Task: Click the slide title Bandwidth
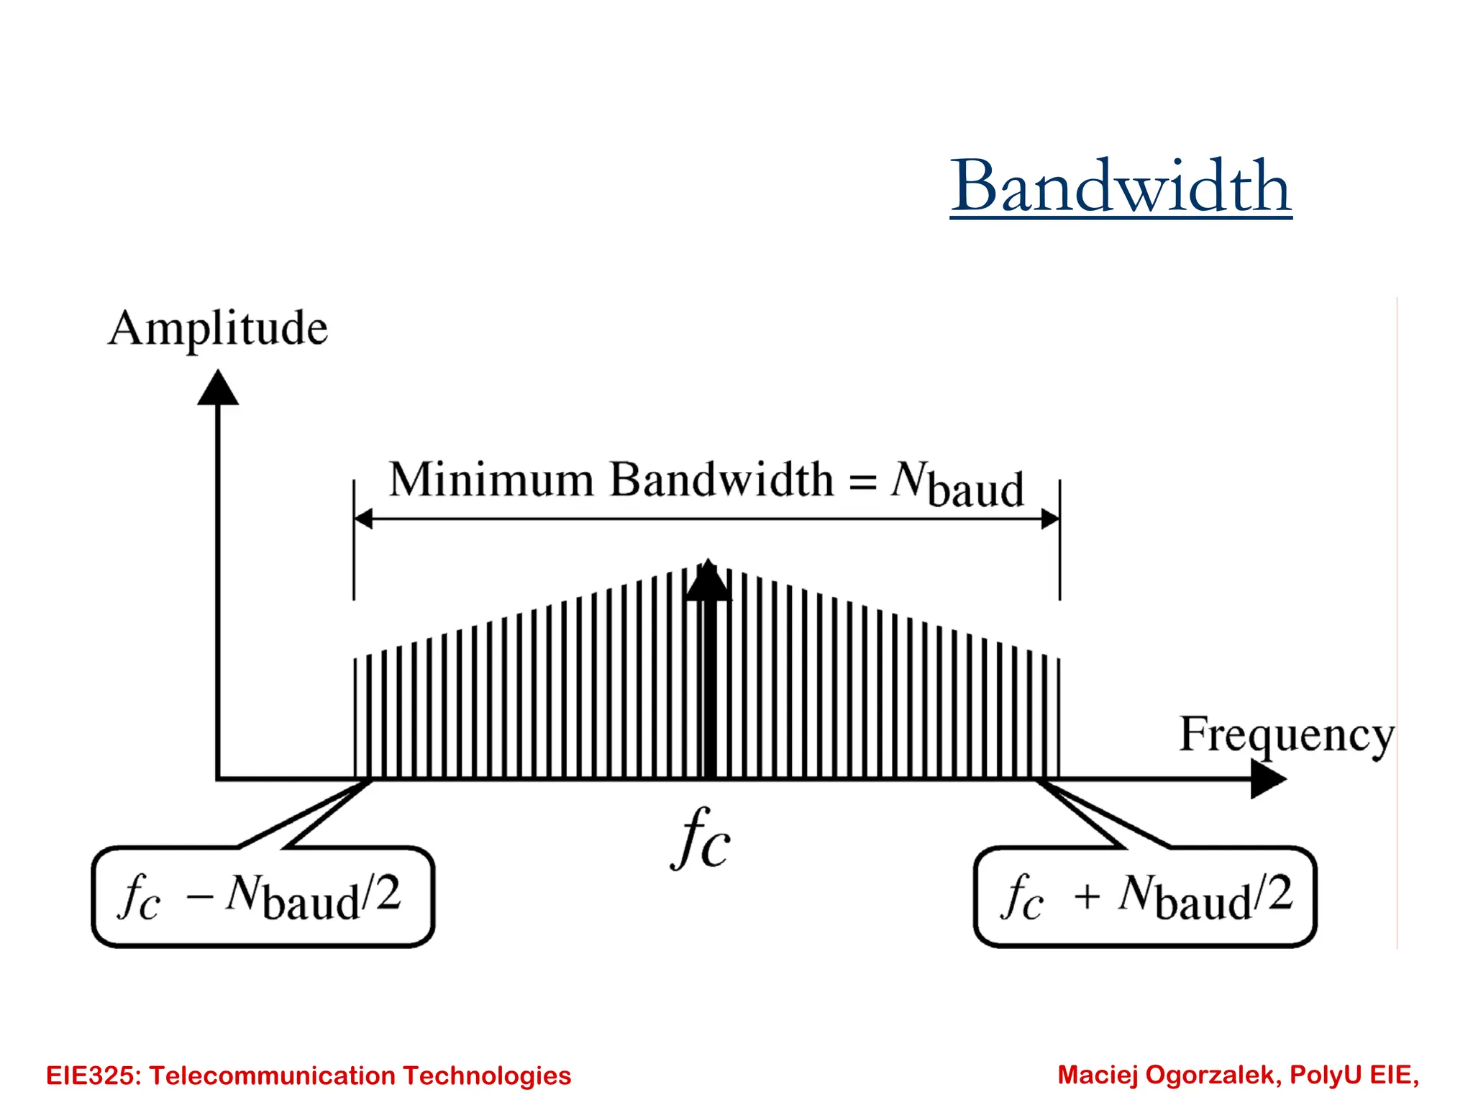coord(1121,186)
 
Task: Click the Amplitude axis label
coord(218,329)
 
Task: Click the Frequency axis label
coord(1286,735)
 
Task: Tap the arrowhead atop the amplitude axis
coord(218,388)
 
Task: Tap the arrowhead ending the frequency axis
coord(1267,779)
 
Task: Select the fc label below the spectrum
coord(701,839)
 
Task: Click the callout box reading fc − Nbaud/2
coord(263,896)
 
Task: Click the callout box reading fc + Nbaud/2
coord(1145,896)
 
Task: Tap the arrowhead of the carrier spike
coord(708,581)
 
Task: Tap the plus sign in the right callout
coord(1087,897)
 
